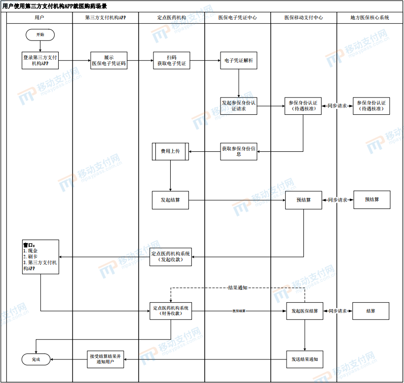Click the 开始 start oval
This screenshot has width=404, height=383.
40,35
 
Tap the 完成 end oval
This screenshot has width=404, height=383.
37,359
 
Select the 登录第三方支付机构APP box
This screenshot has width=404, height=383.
40,61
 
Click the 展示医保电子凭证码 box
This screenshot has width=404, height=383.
109,61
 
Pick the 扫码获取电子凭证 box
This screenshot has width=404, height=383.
172,61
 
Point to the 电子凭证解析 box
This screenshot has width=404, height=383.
239,61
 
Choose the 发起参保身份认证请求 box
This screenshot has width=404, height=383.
239,106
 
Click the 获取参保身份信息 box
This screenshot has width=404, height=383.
239,151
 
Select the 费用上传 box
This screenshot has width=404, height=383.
170,151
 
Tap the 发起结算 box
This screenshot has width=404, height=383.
170,200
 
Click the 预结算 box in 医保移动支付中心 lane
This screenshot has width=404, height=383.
303,200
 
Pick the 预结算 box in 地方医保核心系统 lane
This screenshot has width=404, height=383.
371,200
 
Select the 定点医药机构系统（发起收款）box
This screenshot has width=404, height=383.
171,257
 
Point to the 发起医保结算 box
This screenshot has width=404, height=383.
304,311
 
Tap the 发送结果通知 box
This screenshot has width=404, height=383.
304,359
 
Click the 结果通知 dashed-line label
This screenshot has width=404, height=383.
238,287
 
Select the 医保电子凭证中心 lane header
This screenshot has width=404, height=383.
238,17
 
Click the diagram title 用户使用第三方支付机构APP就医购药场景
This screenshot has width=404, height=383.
55,6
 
